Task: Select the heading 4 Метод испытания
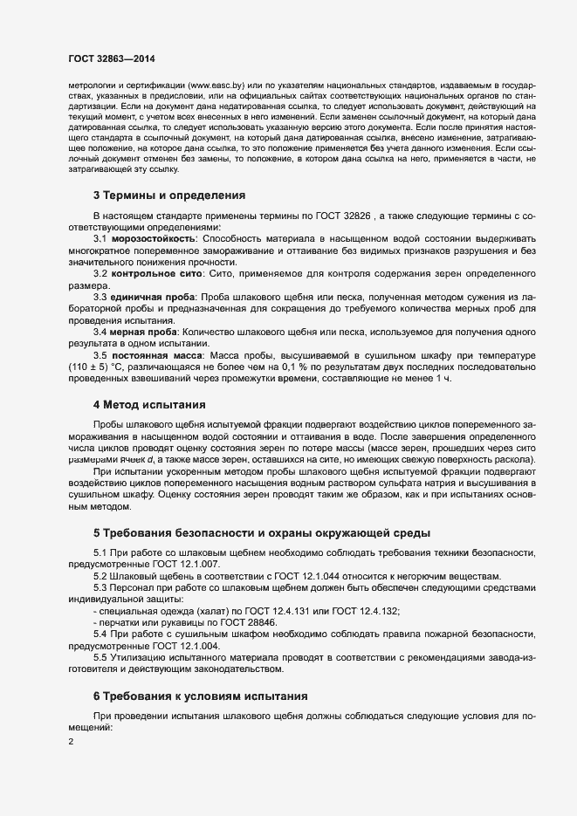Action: (x=149, y=405)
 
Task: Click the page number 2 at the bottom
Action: (x=71, y=742)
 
